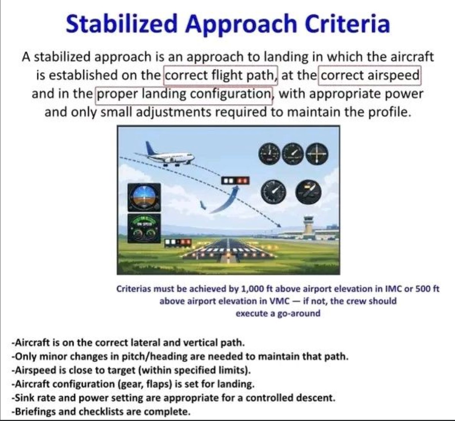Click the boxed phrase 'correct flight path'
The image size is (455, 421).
tap(221, 75)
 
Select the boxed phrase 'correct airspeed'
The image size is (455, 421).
tap(370, 75)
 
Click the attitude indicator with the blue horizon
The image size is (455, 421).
tap(143, 196)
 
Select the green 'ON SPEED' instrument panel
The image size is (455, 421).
tap(144, 228)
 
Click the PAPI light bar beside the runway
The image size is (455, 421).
tap(178, 242)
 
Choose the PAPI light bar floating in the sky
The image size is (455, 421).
tap(235, 180)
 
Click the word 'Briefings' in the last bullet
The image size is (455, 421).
tap(33, 412)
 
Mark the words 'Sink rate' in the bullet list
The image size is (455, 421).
tap(31, 398)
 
